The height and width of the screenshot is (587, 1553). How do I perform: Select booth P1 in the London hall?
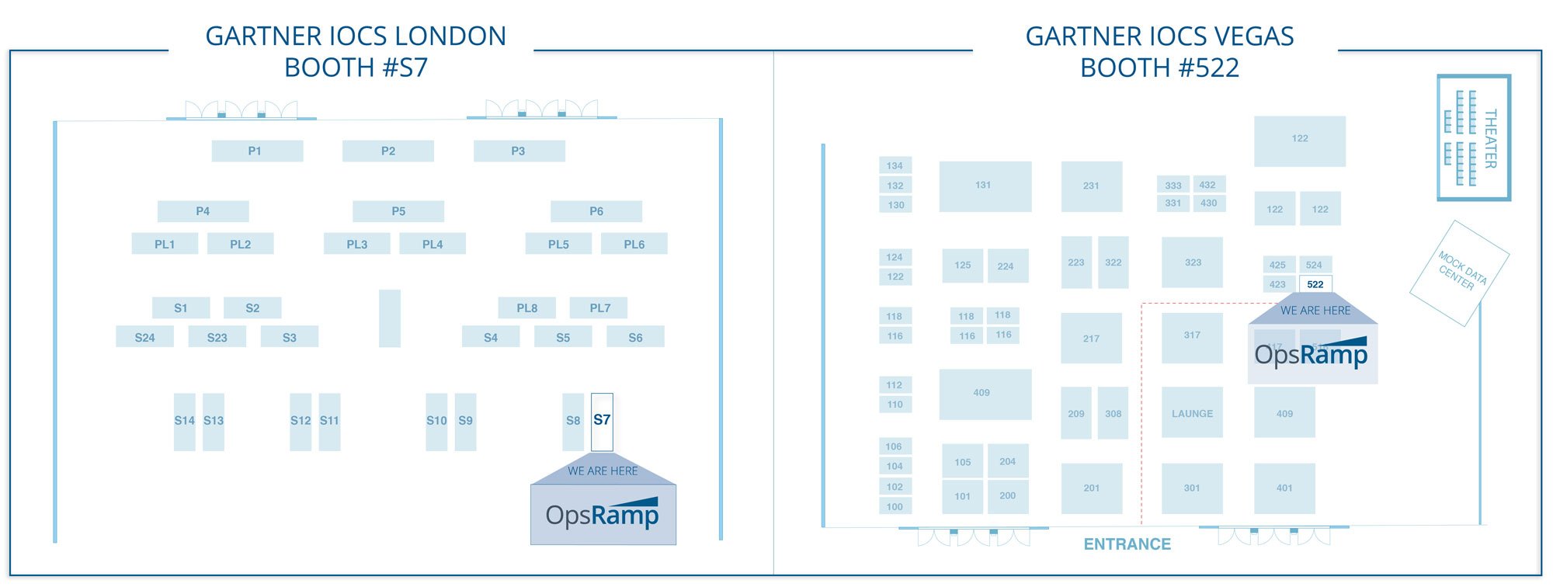[x=257, y=151]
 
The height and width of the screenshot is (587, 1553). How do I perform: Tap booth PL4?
[x=433, y=244]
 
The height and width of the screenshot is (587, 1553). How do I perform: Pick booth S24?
[x=144, y=337]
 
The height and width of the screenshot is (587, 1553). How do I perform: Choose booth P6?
[x=596, y=211]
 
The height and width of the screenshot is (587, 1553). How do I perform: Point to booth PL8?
[x=526, y=308]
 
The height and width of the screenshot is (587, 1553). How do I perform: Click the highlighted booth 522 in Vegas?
[x=1315, y=284]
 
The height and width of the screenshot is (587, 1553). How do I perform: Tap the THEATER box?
[x=1473, y=137]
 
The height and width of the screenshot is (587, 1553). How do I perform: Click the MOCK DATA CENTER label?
[x=1460, y=272]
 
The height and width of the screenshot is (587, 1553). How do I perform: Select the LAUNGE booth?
[x=1192, y=413]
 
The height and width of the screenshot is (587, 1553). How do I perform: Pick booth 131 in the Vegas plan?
[x=985, y=186]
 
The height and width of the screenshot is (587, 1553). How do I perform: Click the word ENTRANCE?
[x=1127, y=544]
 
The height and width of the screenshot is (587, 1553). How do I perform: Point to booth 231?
[x=1091, y=186]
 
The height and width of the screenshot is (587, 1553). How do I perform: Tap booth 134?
[x=895, y=165]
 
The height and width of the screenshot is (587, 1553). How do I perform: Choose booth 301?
[x=1192, y=488]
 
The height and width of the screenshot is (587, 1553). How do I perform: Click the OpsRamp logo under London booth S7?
[x=603, y=514]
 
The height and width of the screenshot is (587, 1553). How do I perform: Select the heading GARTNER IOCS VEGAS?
[x=1159, y=36]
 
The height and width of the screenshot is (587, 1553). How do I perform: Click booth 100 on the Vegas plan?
[x=895, y=506]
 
